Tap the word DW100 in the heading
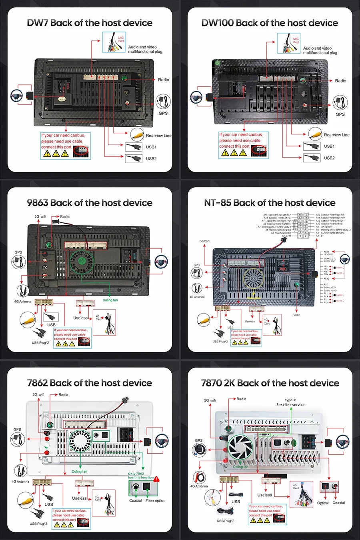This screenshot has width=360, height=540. coord(217,23)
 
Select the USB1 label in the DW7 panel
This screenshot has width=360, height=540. coord(151,147)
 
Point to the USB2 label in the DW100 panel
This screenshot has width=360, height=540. coord(329,158)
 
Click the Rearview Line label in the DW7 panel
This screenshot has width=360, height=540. coord(158,136)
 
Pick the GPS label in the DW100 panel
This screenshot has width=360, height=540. coord(340,114)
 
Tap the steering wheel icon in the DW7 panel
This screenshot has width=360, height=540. coord(16,96)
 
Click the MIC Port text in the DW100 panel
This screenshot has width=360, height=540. coord(296,40)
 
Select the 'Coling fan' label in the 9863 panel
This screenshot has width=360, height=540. coord(110,300)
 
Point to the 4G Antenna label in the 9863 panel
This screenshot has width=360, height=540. coord(22,302)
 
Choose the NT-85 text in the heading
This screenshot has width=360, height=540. coord(218,203)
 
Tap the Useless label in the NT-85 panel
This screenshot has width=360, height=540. coord(250,321)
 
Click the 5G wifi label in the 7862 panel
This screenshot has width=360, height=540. coord(38,395)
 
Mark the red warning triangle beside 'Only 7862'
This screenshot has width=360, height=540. coord(156,479)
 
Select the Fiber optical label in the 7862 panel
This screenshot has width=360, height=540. coord(155,501)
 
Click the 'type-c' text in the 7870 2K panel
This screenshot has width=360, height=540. coord(290,400)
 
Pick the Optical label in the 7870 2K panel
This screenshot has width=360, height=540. coord(323,503)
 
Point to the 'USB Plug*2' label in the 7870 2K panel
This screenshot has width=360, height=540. coord(225,521)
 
